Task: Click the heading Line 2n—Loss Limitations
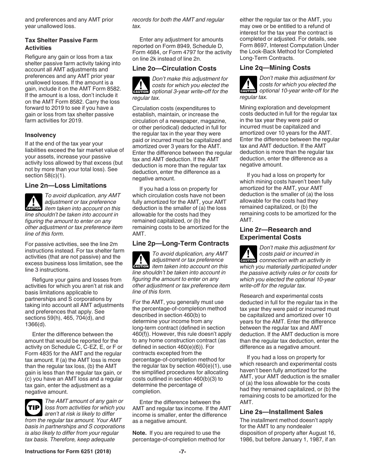66,185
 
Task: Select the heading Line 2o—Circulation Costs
174,68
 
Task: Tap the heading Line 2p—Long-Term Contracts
180,243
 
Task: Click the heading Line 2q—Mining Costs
275,68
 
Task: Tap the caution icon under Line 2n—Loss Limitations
33,202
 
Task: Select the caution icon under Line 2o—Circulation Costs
141,86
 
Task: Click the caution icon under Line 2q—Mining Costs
248,84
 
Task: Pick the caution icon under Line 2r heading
248,254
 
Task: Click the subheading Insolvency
40,135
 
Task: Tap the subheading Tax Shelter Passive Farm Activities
61,44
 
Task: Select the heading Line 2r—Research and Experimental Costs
275,233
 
